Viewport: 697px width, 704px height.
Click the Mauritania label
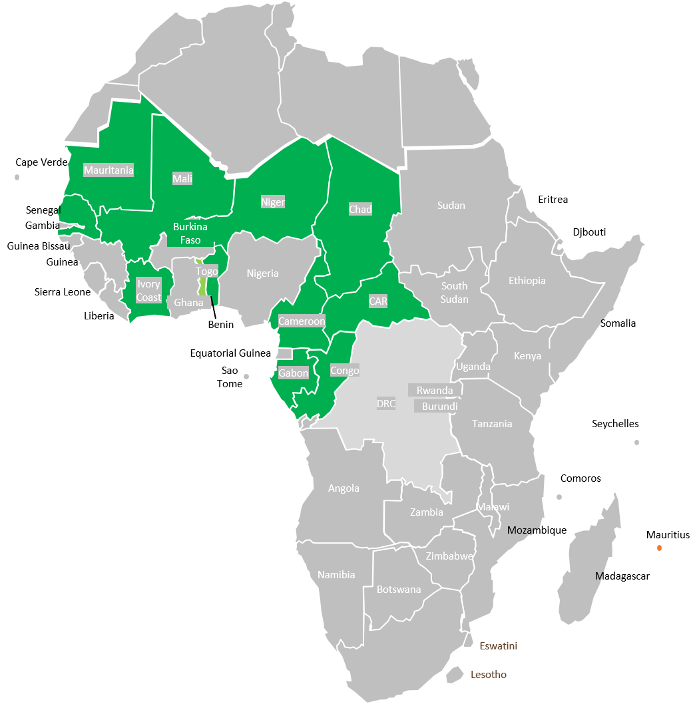coord(109,170)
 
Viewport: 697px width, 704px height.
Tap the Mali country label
coord(182,179)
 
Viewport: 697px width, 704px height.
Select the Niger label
coord(273,202)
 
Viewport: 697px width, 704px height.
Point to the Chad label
coord(360,210)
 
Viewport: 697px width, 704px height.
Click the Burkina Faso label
coord(190,234)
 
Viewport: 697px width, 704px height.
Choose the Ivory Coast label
coord(148,291)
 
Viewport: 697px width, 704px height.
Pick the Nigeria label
coord(262,273)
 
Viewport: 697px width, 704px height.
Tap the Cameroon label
coord(302,321)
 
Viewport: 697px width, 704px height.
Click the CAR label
coord(378,301)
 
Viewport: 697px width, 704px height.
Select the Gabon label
coord(294,373)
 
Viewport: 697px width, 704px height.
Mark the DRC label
coord(386,404)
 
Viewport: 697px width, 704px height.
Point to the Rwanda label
coord(434,391)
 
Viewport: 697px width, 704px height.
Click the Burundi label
coord(439,406)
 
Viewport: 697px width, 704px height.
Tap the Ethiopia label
coord(527,281)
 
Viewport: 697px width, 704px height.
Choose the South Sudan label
coord(455,293)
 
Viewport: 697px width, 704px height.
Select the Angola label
coord(344,488)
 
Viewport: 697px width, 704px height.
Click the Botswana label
coord(399,590)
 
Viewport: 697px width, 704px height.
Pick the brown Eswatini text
coord(498,646)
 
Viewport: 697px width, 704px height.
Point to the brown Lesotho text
coord(489,675)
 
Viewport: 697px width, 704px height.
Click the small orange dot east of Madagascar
coord(659,548)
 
